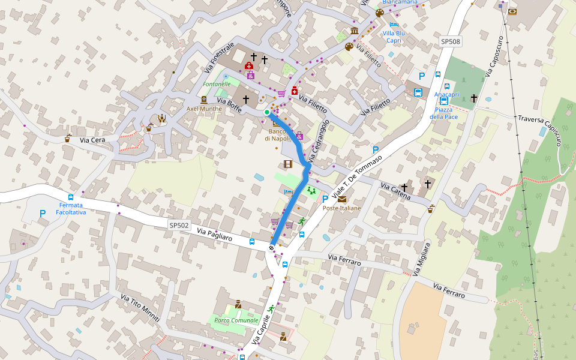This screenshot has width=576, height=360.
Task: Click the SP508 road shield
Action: tap(451, 41)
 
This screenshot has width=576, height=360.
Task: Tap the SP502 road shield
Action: tap(179, 226)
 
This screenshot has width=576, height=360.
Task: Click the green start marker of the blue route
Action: tap(267, 112)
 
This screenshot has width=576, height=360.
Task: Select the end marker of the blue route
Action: tap(272, 248)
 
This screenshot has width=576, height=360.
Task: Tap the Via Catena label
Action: tap(395, 191)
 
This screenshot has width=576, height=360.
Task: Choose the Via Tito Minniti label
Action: tap(140, 308)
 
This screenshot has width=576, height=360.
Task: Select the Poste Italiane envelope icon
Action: tap(341, 199)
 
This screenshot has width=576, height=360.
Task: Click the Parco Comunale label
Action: tap(236, 320)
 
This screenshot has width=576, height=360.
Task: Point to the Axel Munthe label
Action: tap(204, 109)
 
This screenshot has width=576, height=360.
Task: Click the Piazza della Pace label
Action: tap(443, 113)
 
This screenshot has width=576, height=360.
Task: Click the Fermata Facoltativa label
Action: tap(71, 209)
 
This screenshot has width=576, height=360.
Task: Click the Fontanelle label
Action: tap(217, 85)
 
